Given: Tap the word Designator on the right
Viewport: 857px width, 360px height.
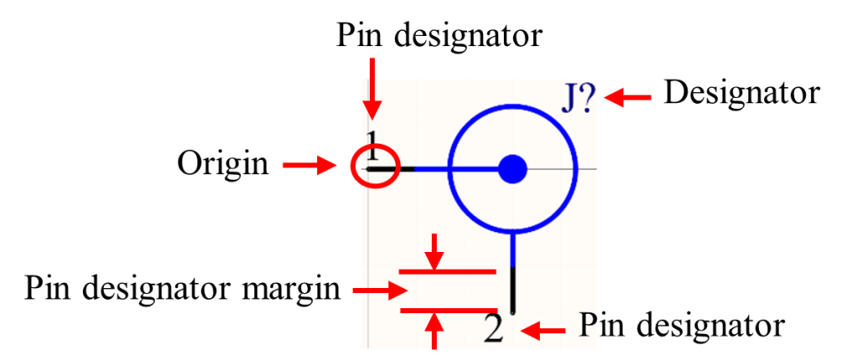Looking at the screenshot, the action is coord(742,94).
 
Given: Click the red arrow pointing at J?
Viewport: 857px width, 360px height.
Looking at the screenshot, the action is coord(628,98).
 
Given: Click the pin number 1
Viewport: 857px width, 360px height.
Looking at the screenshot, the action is coord(373,145).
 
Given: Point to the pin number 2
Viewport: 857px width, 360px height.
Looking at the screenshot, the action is coord(494,331).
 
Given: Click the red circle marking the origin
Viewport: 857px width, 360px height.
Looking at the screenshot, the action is coord(375,168).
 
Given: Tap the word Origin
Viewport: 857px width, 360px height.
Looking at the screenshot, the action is coord(223,164).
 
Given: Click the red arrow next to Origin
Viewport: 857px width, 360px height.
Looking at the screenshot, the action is coord(309,166).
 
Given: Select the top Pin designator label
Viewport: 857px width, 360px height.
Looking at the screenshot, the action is coord(439,36).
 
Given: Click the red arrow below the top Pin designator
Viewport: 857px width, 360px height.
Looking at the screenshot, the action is coord(372,88).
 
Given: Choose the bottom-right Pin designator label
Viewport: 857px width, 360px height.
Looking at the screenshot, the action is coord(682,327).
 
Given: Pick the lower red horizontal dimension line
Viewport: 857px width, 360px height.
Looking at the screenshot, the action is coord(449,311).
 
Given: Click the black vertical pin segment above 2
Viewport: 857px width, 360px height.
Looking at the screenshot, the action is coord(513,290).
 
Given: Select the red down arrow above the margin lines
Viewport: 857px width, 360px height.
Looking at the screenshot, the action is coord(435,251).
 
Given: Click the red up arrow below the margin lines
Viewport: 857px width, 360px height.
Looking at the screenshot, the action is coord(435,330).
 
